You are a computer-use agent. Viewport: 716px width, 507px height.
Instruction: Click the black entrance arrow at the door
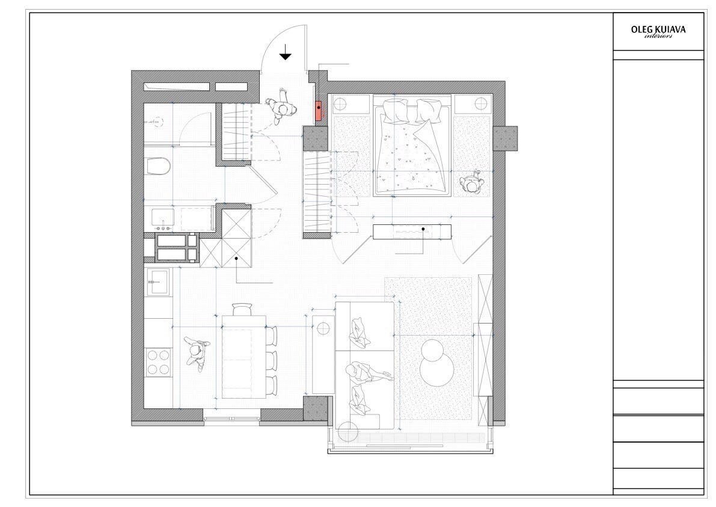[286, 52]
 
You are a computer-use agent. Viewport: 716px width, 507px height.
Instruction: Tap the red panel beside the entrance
[318, 111]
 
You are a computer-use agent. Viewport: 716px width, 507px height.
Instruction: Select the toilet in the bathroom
[158, 166]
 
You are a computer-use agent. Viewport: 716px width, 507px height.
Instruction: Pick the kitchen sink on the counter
[158, 282]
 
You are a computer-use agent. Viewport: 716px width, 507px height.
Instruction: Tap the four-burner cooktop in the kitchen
[158, 362]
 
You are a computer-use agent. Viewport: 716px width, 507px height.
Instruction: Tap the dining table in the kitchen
[244, 357]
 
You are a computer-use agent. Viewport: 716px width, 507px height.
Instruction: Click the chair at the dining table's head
[242, 309]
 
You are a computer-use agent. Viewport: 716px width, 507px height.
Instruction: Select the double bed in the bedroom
[412, 146]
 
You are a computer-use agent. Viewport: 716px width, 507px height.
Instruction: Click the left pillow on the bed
[395, 111]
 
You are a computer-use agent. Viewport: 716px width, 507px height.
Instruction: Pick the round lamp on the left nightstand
[340, 104]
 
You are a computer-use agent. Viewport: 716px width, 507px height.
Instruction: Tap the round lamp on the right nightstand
[482, 103]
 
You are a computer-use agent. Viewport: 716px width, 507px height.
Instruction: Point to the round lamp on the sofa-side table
[324, 329]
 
